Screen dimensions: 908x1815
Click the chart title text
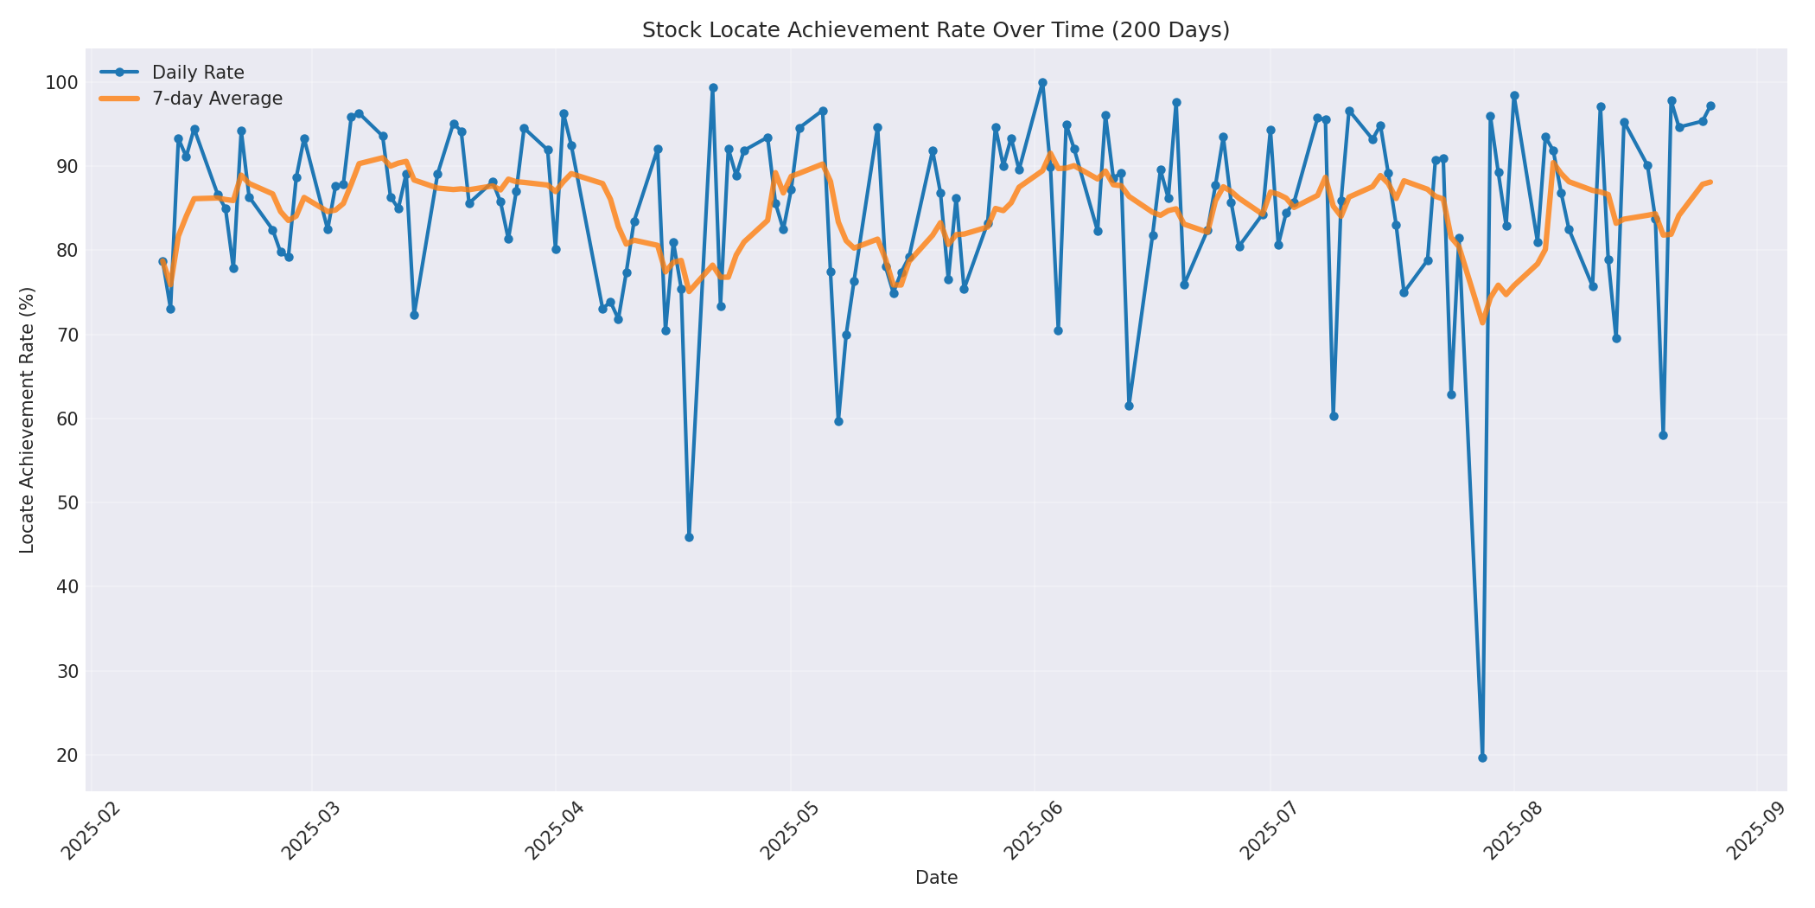[x=935, y=30]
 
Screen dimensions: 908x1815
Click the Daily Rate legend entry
[x=198, y=73]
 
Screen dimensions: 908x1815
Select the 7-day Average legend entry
[x=217, y=99]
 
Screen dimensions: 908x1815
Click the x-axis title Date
[x=936, y=879]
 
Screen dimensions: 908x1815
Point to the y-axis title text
[x=28, y=419]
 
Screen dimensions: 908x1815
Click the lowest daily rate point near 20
[x=1482, y=758]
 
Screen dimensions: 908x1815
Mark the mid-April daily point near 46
[x=689, y=537]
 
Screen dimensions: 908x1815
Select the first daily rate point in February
[x=162, y=261]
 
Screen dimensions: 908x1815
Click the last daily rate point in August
[x=1710, y=106]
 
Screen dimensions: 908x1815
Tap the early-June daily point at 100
[x=1042, y=83]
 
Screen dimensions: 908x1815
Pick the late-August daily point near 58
[x=1663, y=435]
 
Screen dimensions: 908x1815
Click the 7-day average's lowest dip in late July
[x=1482, y=323]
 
